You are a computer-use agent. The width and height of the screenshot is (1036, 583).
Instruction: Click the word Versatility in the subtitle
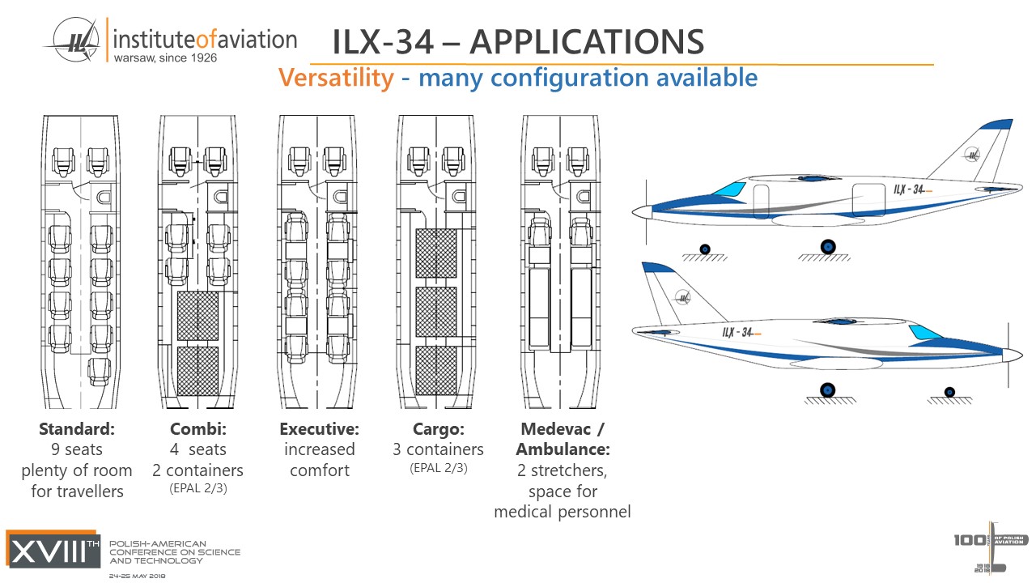pyautogui.click(x=336, y=78)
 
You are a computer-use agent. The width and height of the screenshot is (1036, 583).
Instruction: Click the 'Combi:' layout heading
pyautogui.click(x=197, y=428)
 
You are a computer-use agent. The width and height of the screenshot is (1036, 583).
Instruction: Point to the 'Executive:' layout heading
pyautogui.click(x=319, y=428)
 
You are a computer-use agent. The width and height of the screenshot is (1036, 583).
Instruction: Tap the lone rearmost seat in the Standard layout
pyautogui.click(x=99, y=371)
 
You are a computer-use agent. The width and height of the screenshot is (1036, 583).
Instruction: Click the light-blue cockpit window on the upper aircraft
pyautogui.click(x=729, y=189)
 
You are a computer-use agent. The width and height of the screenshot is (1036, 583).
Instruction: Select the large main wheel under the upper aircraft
pyautogui.click(x=827, y=246)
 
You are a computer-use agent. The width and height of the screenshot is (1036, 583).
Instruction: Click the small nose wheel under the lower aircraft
pyautogui.click(x=949, y=392)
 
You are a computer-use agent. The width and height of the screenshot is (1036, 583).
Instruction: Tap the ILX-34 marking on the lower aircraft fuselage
pyautogui.click(x=738, y=332)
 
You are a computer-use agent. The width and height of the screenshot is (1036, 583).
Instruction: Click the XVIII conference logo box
pyautogui.click(x=53, y=548)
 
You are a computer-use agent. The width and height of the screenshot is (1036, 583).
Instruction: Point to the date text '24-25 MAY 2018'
pyautogui.click(x=138, y=576)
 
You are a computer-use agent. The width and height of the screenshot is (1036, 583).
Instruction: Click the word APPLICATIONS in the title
pyautogui.click(x=587, y=42)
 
